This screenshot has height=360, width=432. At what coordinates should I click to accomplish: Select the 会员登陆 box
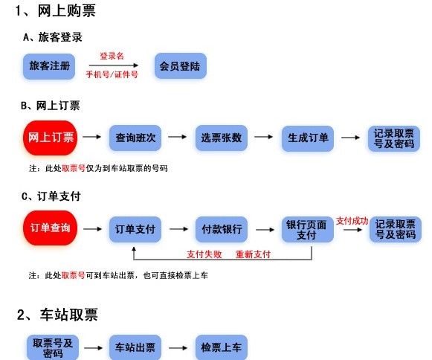pyautogui.click(x=179, y=67)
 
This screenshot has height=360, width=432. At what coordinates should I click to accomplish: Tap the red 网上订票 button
pyautogui.click(x=51, y=138)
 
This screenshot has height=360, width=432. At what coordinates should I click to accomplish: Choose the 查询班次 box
pyautogui.click(x=135, y=138)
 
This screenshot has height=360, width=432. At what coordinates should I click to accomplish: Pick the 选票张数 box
pyautogui.click(x=221, y=138)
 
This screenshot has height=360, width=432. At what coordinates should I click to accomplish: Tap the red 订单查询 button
pyautogui.click(x=51, y=228)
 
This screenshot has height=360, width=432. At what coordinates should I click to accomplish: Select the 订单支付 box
pyautogui.click(x=135, y=229)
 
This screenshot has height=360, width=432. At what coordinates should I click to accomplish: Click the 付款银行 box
pyautogui.click(x=221, y=229)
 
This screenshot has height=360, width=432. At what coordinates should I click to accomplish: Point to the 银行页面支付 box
pyautogui.click(x=306, y=229)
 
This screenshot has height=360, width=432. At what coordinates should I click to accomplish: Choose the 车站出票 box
pyautogui.click(x=135, y=347)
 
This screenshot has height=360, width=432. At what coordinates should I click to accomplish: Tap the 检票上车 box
pyautogui.click(x=221, y=347)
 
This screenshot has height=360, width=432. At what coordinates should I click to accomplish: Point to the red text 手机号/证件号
pyautogui.click(x=112, y=75)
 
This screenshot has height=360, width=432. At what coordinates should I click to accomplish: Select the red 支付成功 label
pyautogui.click(x=352, y=220)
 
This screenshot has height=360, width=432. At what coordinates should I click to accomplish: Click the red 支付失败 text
pyautogui.click(x=204, y=254)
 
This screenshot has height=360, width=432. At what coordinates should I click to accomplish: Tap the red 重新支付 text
pyautogui.click(x=253, y=254)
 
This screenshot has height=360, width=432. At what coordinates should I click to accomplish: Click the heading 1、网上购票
pyautogui.click(x=56, y=11)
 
